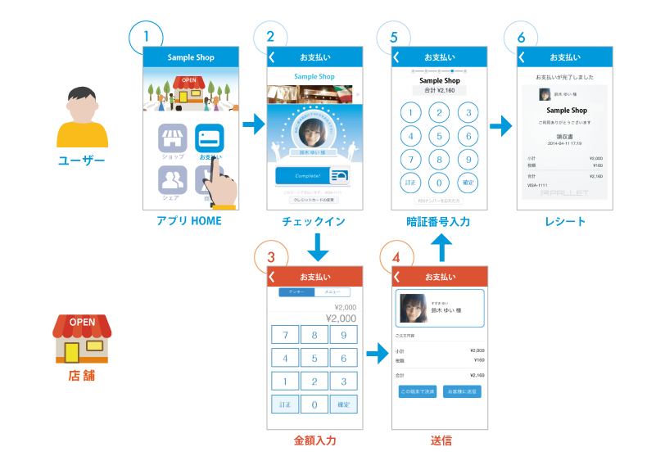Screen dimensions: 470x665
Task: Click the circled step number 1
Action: pos(147,37)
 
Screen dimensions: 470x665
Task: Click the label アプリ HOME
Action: pos(189,222)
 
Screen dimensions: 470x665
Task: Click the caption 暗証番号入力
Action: pos(438,222)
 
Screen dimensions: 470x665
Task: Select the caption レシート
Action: pos(565,222)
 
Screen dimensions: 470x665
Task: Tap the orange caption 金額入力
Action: pos(315,441)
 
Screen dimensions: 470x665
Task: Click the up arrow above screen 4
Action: pos(440,245)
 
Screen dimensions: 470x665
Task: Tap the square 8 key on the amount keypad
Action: pos(314,336)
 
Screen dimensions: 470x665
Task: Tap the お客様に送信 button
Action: pos(463,391)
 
